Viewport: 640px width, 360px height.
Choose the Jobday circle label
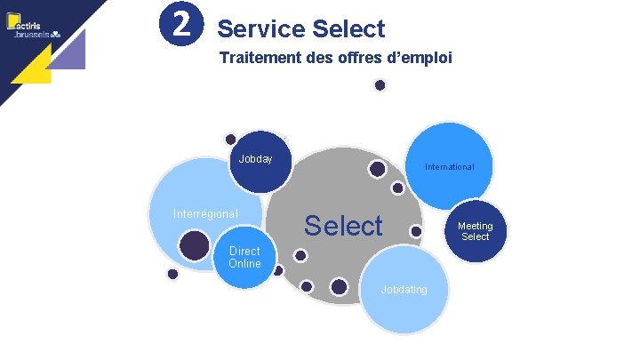[255, 159]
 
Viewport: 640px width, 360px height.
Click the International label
[449, 166]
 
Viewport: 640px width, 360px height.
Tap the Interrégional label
[205, 213]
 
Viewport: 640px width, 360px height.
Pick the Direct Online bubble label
[244, 257]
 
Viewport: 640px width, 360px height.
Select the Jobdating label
[404, 289]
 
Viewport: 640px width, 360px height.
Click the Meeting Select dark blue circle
[475, 231]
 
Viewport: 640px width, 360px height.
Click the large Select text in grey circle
[343, 226]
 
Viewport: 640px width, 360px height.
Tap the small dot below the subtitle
[380, 85]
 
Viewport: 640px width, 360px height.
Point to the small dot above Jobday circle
[230, 139]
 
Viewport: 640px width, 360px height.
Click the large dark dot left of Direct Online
[193, 244]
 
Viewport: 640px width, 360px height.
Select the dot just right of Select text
[415, 231]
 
